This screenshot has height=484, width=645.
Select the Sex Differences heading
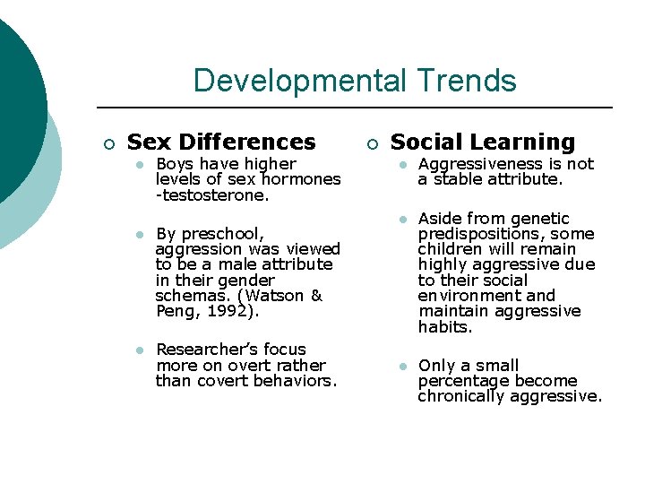221,143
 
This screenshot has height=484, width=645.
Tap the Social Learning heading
483,142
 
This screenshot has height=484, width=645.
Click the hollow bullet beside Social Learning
372,144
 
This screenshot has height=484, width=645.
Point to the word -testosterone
200,195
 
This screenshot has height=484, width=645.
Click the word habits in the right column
444,327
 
